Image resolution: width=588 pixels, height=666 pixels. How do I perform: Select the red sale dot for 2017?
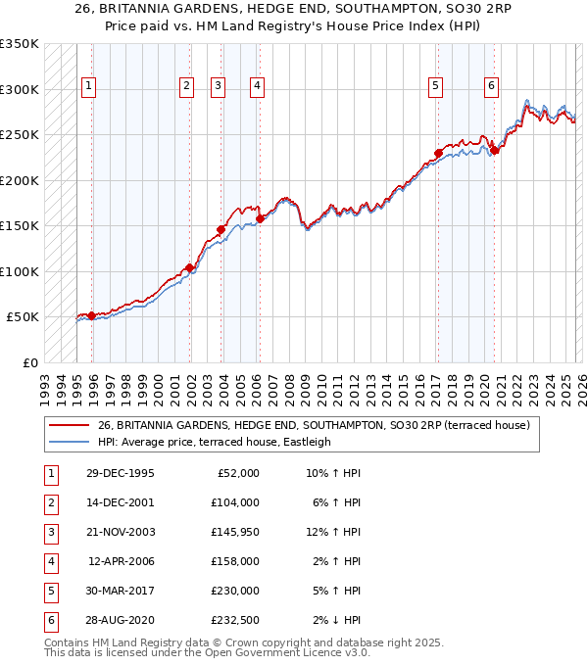click(x=438, y=153)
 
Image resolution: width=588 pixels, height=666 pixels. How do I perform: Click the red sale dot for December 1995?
click(x=92, y=315)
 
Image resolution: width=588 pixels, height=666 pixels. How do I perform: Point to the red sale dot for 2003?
click(x=221, y=229)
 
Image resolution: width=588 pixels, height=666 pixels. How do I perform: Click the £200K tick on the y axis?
click(x=20, y=180)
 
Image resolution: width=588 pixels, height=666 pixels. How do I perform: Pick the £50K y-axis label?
click(x=23, y=317)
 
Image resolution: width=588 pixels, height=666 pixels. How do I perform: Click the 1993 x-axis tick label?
click(x=44, y=384)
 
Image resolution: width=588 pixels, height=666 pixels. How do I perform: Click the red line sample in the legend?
click(x=70, y=425)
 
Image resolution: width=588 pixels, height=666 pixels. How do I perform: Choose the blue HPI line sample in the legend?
click(x=70, y=442)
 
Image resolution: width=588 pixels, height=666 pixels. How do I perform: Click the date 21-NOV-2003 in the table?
click(x=120, y=532)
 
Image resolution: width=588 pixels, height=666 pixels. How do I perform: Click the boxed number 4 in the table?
click(x=49, y=561)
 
